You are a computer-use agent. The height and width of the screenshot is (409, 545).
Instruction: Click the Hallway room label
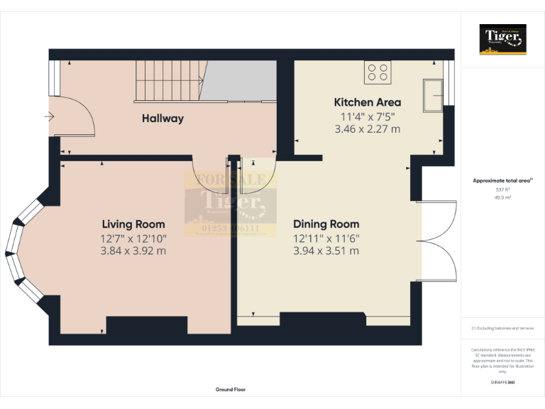(x=163, y=119)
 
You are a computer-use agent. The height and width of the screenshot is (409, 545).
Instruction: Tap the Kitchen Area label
(x=367, y=102)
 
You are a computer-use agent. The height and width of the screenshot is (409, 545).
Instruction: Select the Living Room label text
(x=133, y=224)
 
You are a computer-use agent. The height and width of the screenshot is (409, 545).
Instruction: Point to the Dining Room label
(x=326, y=224)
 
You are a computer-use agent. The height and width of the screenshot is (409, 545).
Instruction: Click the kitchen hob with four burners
(x=377, y=71)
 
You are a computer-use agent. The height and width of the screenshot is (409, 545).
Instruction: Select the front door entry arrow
(x=49, y=116)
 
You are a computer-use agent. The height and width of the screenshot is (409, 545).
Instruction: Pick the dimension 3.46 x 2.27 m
(x=367, y=129)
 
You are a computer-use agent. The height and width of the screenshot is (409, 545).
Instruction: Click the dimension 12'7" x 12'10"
(x=133, y=238)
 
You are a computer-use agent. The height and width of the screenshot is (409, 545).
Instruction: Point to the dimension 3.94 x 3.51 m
(x=326, y=251)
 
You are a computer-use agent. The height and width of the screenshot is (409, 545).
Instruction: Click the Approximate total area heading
(x=502, y=181)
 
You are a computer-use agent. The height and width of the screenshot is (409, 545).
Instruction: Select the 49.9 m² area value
(x=502, y=197)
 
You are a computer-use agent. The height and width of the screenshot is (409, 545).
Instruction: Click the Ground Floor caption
(x=231, y=390)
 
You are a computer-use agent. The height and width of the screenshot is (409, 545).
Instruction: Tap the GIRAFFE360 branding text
(x=502, y=383)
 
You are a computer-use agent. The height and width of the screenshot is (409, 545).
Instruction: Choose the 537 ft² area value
(x=502, y=190)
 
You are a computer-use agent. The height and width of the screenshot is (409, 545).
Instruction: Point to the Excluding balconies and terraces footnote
(x=502, y=328)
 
